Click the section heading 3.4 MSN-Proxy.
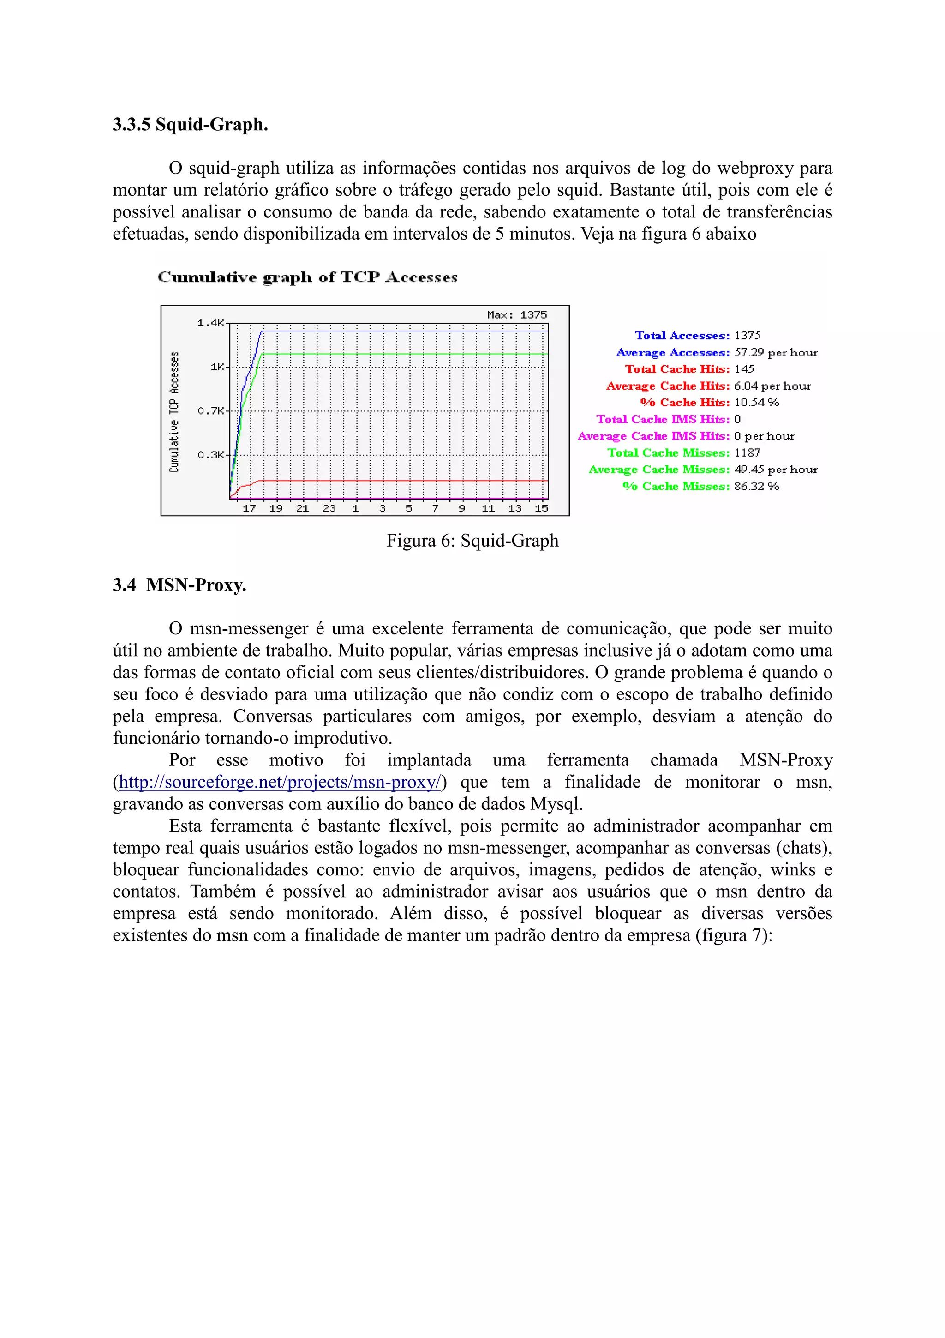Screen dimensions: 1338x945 click(x=179, y=585)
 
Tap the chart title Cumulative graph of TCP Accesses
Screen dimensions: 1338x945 click(x=307, y=277)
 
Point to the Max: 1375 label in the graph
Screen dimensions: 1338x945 click(x=516, y=315)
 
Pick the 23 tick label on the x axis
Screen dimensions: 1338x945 click(x=329, y=508)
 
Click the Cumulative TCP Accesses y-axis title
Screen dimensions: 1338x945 click(x=174, y=412)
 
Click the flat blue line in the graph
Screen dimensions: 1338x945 click(x=407, y=331)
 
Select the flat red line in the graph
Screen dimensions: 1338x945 click(x=407, y=481)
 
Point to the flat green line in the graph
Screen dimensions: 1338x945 click(x=407, y=354)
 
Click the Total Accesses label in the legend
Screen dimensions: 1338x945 click(x=682, y=336)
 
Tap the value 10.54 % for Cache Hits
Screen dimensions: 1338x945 click(x=756, y=403)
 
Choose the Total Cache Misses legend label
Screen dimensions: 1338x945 click(x=669, y=453)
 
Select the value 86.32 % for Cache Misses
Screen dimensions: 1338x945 click(x=756, y=486)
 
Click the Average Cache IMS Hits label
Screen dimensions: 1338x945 click(x=653, y=436)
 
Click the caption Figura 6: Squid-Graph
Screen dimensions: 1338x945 click(x=472, y=541)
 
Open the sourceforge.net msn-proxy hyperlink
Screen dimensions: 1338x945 click(x=280, y=782)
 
